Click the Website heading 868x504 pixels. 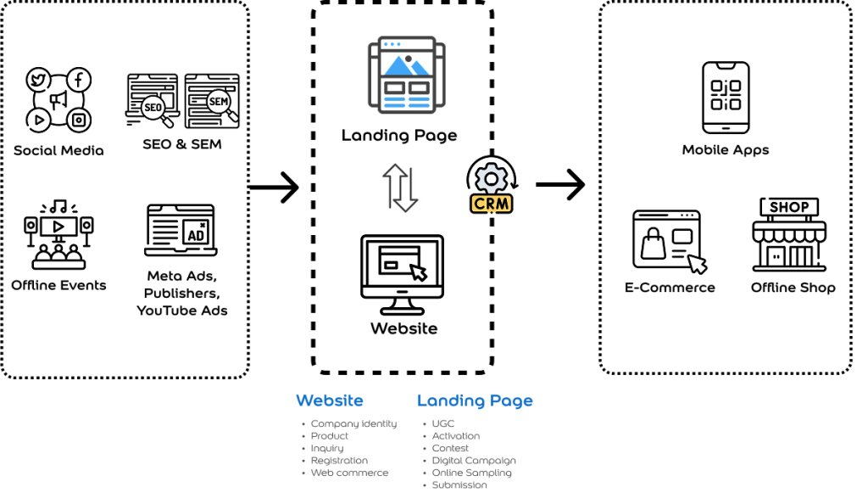pyautogui.click(x=330, y=400)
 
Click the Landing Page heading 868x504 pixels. pyautogui.click(x=475, y=400)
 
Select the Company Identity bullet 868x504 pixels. pyautogui.click(x=353, y=423)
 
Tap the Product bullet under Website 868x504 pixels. pyautogui.click(x=329, y=436)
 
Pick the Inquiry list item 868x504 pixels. pyautogui.click(x=326, y=448)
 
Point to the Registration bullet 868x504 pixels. pyautogui.click(x=339, y=461)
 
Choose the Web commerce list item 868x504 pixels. pyautogui.click(x=349, y=473)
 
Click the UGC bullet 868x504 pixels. pyautogui.click(x=442, y=423)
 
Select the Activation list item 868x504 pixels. pyautogui.click(x=455, y=436)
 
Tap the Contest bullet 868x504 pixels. pyautogui.click(x=450, y=448)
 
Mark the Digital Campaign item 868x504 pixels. pyautogui.click(x=474, y=461)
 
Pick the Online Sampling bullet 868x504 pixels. pyautogui.click(x=471, y=473)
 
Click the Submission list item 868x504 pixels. pyautogui.click(x=459, y=485)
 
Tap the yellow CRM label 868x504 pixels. pyautogui.click(x=492, y=204)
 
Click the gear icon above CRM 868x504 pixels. pyautogui.click(x=492, y=179)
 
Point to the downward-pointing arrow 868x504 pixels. pyautogui.click(x=409, y=191)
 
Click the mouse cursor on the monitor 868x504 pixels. pyautogui.click(x=419, y=272)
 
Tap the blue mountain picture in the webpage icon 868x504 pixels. pyautogui.click(x=406, y=65)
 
